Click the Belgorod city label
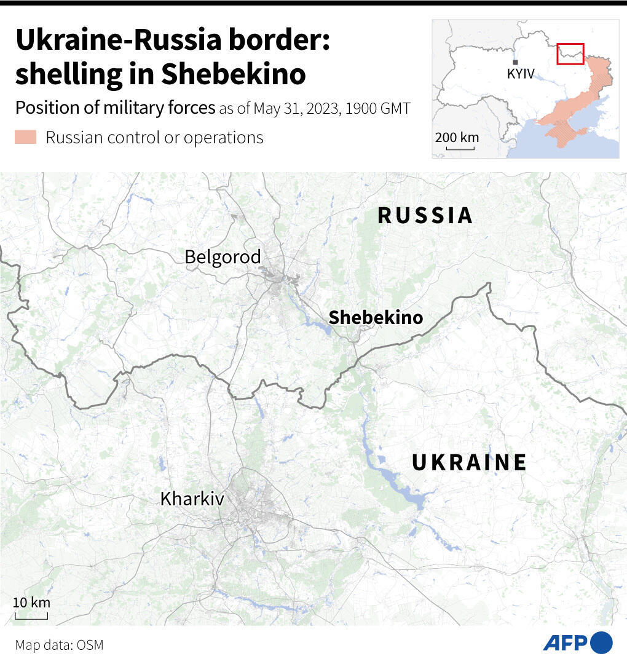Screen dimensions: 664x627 (x=223, y=256)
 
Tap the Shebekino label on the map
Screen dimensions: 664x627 (x=376, y=317)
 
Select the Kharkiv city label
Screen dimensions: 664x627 (x=192, y=498)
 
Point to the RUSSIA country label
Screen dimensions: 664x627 (x=425, y=215)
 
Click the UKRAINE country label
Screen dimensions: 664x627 (x=469, y=462)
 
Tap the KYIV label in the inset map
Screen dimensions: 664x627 (x=521, y=74)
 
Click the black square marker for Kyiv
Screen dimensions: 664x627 (x=515, y=63)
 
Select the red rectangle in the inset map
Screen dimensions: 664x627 (x=570, y=53)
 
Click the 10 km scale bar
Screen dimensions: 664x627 (x=31, y=617)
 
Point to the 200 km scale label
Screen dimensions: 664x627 (x=457, y=137)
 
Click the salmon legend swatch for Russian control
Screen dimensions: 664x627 (x=26, y=137)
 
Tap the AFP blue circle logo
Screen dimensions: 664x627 (x=601, y=642)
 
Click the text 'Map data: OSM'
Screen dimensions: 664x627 (x=60, y=645)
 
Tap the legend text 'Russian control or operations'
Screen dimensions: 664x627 (x=154, y=137)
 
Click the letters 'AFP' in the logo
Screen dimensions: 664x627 (x=566, y=642)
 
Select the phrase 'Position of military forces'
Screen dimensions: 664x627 (x=115, y=108)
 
